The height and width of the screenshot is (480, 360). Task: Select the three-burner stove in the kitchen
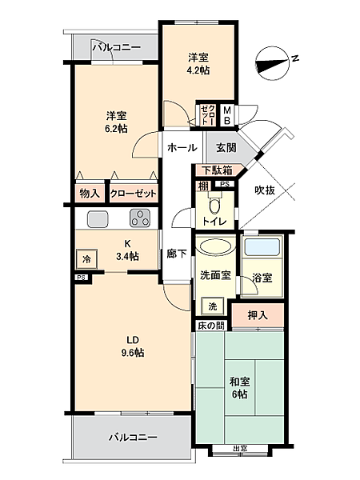coord(140,218)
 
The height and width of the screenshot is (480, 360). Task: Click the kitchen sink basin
coord(98,218)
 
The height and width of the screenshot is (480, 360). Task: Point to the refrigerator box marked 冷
coord(87,259)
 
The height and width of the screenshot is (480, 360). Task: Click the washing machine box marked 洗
coord(213,306)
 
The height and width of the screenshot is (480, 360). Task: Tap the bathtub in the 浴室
coord(262,248)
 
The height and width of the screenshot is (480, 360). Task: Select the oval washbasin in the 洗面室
coord(215,246)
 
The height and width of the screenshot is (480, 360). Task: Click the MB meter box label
coord(227,115)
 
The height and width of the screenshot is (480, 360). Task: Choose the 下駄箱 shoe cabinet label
coord(218,170)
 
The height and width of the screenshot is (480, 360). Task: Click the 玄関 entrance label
coord(226,148)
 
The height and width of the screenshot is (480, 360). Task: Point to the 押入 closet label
coord(258,315)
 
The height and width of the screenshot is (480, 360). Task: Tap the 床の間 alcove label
coord(211,326)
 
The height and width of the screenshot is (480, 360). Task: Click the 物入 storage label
coord(90,193)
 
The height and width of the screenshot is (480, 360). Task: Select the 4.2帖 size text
coord(198,70)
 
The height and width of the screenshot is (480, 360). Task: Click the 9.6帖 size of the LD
coord(133,353)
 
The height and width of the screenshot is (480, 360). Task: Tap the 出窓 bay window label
coord(240,449)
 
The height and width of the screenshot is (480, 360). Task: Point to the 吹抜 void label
coord(265,190)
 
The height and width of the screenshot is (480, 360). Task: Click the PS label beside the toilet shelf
coord(225,184)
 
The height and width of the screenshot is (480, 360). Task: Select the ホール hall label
coord(182,148)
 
